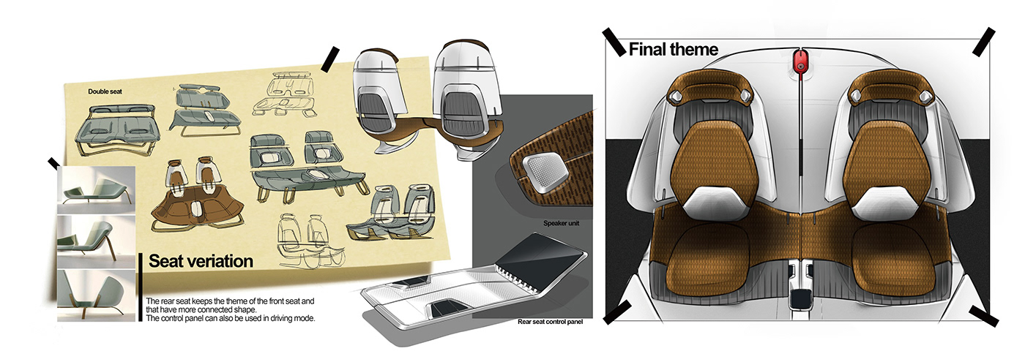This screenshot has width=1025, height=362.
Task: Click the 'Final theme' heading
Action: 673,50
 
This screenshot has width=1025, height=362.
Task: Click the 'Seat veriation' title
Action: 201,261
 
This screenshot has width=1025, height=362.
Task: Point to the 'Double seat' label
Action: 108,91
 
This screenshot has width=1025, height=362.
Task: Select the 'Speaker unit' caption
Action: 561,224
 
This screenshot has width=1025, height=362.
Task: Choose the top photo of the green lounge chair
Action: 97,189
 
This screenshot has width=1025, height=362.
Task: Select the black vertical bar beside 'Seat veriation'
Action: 140,286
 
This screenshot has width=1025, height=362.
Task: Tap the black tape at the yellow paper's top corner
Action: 330,58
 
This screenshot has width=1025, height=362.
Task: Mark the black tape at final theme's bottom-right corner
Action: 983,316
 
